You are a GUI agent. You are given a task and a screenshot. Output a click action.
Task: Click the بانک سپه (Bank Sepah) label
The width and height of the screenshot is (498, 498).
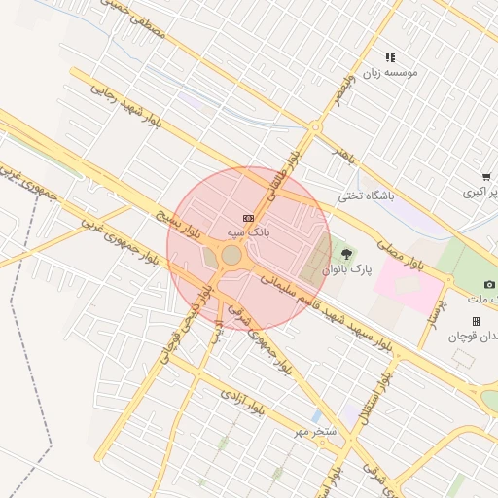coord(248,233)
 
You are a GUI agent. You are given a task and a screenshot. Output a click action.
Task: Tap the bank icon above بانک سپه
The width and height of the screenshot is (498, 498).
coord(248,219)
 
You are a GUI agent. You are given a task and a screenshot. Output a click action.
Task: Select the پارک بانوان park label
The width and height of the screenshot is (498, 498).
coord(347,268)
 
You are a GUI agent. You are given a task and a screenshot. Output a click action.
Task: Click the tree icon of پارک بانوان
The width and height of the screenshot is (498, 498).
coord(347,254)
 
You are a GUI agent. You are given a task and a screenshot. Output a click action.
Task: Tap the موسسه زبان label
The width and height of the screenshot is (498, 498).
coord(390,73)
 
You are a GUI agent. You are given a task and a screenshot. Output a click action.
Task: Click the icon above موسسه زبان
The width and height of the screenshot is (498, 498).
coord(390,58)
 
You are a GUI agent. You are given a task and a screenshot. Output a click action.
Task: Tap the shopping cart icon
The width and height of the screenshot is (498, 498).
coord(485,177)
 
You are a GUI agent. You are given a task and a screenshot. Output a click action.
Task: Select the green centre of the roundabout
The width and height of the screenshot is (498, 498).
coord(231,255)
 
